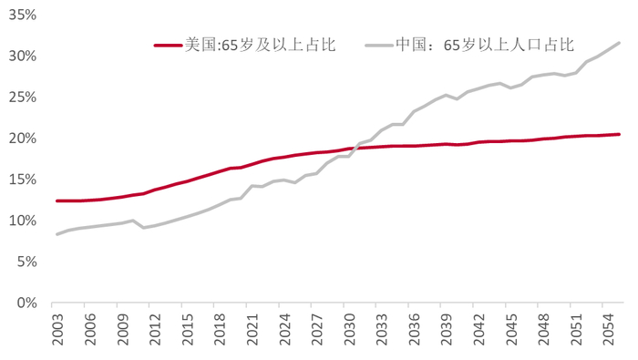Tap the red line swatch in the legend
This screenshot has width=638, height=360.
point(168,44)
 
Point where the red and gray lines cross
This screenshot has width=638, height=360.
point(353,148)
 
